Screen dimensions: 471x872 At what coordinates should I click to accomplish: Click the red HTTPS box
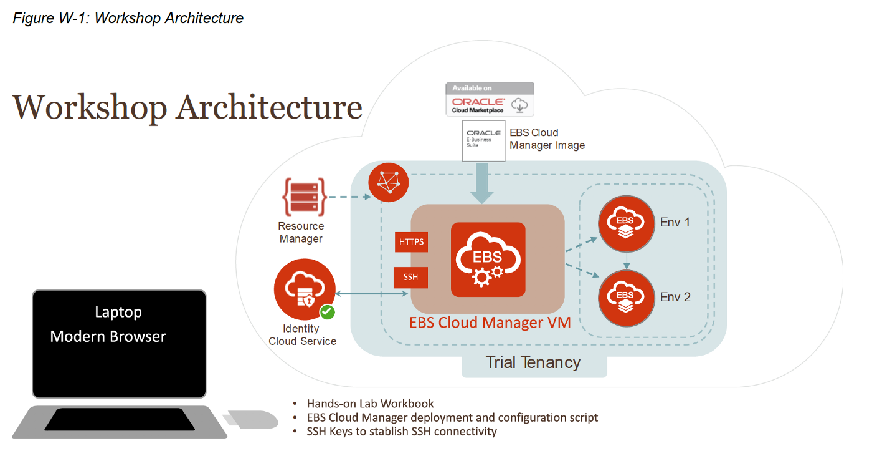click(x=411, y=241)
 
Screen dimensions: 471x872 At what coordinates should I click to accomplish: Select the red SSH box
click(x=411, y=277)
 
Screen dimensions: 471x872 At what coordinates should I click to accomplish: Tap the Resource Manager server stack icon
click(x=301, y=196)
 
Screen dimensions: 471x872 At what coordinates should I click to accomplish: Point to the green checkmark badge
click(x=327, y=312)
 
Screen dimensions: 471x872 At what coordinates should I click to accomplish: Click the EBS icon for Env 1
click(x=626, y=222)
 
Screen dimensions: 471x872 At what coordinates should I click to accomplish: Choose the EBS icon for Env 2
click(x=626, y=297)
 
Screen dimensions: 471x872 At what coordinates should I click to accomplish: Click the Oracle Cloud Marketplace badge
click(x=490, y=99)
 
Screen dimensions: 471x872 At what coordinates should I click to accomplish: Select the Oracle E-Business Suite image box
click(x=484, y=141)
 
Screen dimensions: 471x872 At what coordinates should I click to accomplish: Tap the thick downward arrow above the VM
click(x=483, y=182)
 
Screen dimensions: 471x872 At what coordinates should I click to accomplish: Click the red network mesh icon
click(x=389, y=182)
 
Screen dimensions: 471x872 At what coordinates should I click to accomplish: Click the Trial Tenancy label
click(x=533, y=362)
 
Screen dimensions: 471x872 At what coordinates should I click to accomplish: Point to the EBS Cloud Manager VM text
click(x=490, y=323)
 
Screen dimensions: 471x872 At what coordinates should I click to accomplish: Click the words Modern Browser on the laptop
click(x=108, y=337)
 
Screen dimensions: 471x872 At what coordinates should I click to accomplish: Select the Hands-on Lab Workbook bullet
click(x=370, y=404)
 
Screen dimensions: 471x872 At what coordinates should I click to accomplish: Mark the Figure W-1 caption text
click(x=128, y=18)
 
